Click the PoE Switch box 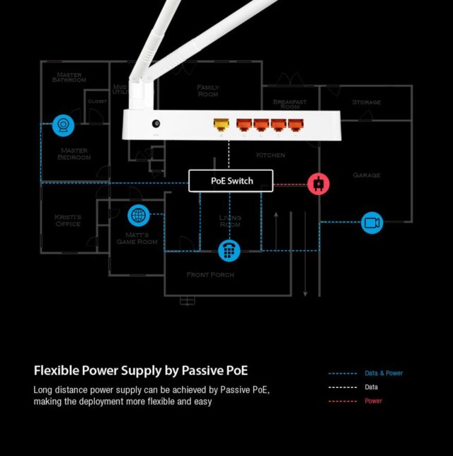click(x=231, y=181)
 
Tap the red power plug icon click(x=319, y=184)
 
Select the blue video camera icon click(x=372, y=223)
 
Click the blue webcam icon click(x=63, y=126)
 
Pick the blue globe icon click(x=138, y=216)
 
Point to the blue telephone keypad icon click(x=229, y=250)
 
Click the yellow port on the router click(x=222, y=125)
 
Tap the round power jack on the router click(x=156, y=124)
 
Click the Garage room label click(x=367, y=175)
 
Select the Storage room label click(x=367, y=102)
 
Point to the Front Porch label click(x=210, y=274)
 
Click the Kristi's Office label click(x=68, y=221)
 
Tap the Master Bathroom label click(x=69, y=77)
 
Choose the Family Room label click(x=208, y=90)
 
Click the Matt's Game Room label click(x=137, y=238)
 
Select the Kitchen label click(x=270, y=155)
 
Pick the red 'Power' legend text click(x=373, y=401)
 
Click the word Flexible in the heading click(x=57, y=370)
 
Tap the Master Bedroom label click(x=74, y=153)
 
